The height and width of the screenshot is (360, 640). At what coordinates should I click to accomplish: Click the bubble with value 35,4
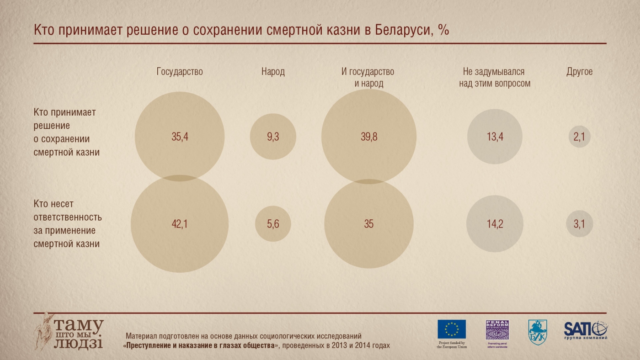point(180,137)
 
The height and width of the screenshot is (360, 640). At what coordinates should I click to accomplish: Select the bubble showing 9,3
point(273,137)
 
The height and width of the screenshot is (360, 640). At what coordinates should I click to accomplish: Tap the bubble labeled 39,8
point(369,137)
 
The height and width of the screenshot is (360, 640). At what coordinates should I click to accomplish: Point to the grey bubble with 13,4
point(495,137)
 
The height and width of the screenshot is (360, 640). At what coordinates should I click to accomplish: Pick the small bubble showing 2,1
point(580,137)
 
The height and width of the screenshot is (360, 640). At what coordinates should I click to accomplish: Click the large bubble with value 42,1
point(180,224)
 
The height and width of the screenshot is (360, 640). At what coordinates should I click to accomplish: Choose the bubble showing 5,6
point(273,224)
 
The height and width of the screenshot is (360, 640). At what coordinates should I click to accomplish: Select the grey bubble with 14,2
point(495,224)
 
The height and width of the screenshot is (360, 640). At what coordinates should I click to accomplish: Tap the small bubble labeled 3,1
point(580,224)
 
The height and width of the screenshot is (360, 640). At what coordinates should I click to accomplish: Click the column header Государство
point(180,72)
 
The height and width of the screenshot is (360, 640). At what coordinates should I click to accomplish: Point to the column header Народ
point(273,72)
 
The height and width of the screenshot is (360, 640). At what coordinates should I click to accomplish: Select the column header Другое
point(580,72)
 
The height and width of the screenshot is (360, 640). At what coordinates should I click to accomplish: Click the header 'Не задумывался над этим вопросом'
point(495,78)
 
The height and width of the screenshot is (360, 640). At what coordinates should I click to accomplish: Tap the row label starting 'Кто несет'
point(68,224)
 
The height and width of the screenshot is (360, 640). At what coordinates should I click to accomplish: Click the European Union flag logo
point(452,329)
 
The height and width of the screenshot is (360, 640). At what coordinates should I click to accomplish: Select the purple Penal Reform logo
point(497,330)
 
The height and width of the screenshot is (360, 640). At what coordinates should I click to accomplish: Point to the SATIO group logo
point(586,329)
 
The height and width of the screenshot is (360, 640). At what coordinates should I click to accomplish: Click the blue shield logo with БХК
point(537,331)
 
